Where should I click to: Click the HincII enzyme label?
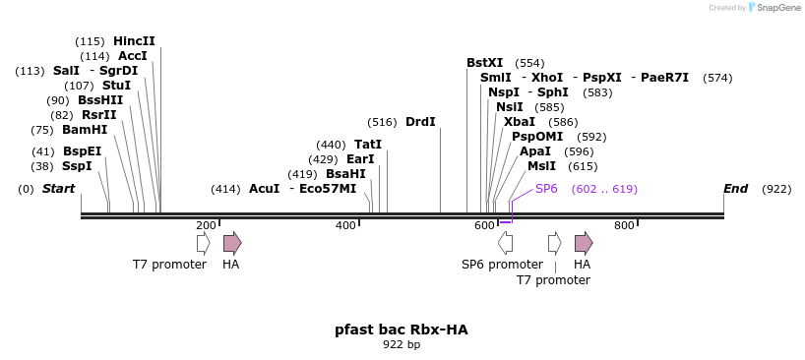click(134, 41)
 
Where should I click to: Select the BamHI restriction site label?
click(85, 129)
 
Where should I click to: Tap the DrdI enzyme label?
click(420, 122)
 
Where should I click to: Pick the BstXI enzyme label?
click(484, 63)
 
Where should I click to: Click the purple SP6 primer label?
click(546, 188)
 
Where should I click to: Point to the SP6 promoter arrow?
click(505, 242)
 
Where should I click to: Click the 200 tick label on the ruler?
click(206, 225)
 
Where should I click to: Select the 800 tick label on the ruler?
click(624, 225)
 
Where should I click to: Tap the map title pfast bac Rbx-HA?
click(402, 330)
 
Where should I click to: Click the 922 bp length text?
click(402, 345)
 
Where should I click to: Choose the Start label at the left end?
click(58, 188)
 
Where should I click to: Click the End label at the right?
click(735, 188)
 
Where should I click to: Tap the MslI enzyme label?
click(541, 166)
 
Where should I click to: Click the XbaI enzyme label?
click(520, 122)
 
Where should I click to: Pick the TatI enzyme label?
click(368, 144)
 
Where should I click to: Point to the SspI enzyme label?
click(77, 166)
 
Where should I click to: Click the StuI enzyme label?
click(116, 86)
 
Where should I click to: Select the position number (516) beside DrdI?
click(382, 122)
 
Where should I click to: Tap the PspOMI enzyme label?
click(537, 137)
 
